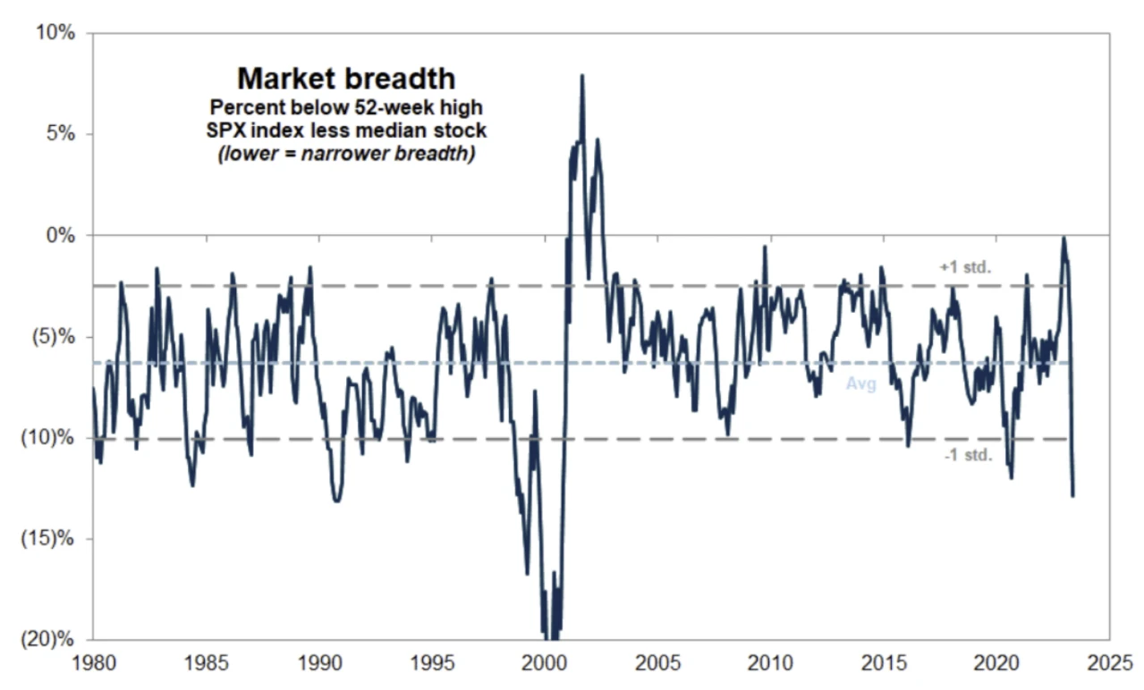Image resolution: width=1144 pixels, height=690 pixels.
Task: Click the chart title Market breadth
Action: click(x=346, y=80)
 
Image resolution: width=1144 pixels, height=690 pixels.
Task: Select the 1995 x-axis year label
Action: click(x=430, y=664)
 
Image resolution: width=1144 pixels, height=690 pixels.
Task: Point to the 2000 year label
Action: click(x=544, y=664)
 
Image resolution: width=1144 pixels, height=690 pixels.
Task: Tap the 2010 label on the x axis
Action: click(x=769, y=664)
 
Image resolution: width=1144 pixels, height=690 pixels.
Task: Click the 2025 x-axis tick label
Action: click(x=1107, y=664)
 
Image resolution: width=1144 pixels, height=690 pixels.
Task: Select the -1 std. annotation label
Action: click(x=968, y=455)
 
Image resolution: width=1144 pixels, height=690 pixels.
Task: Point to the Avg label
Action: click(x=861, y=384)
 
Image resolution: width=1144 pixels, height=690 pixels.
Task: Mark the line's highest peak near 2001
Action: click(x=582, y=76)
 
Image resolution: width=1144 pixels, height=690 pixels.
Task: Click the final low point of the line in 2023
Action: click(x=1072, y=495)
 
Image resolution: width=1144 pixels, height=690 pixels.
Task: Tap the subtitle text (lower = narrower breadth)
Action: click(x=346, y=154)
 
